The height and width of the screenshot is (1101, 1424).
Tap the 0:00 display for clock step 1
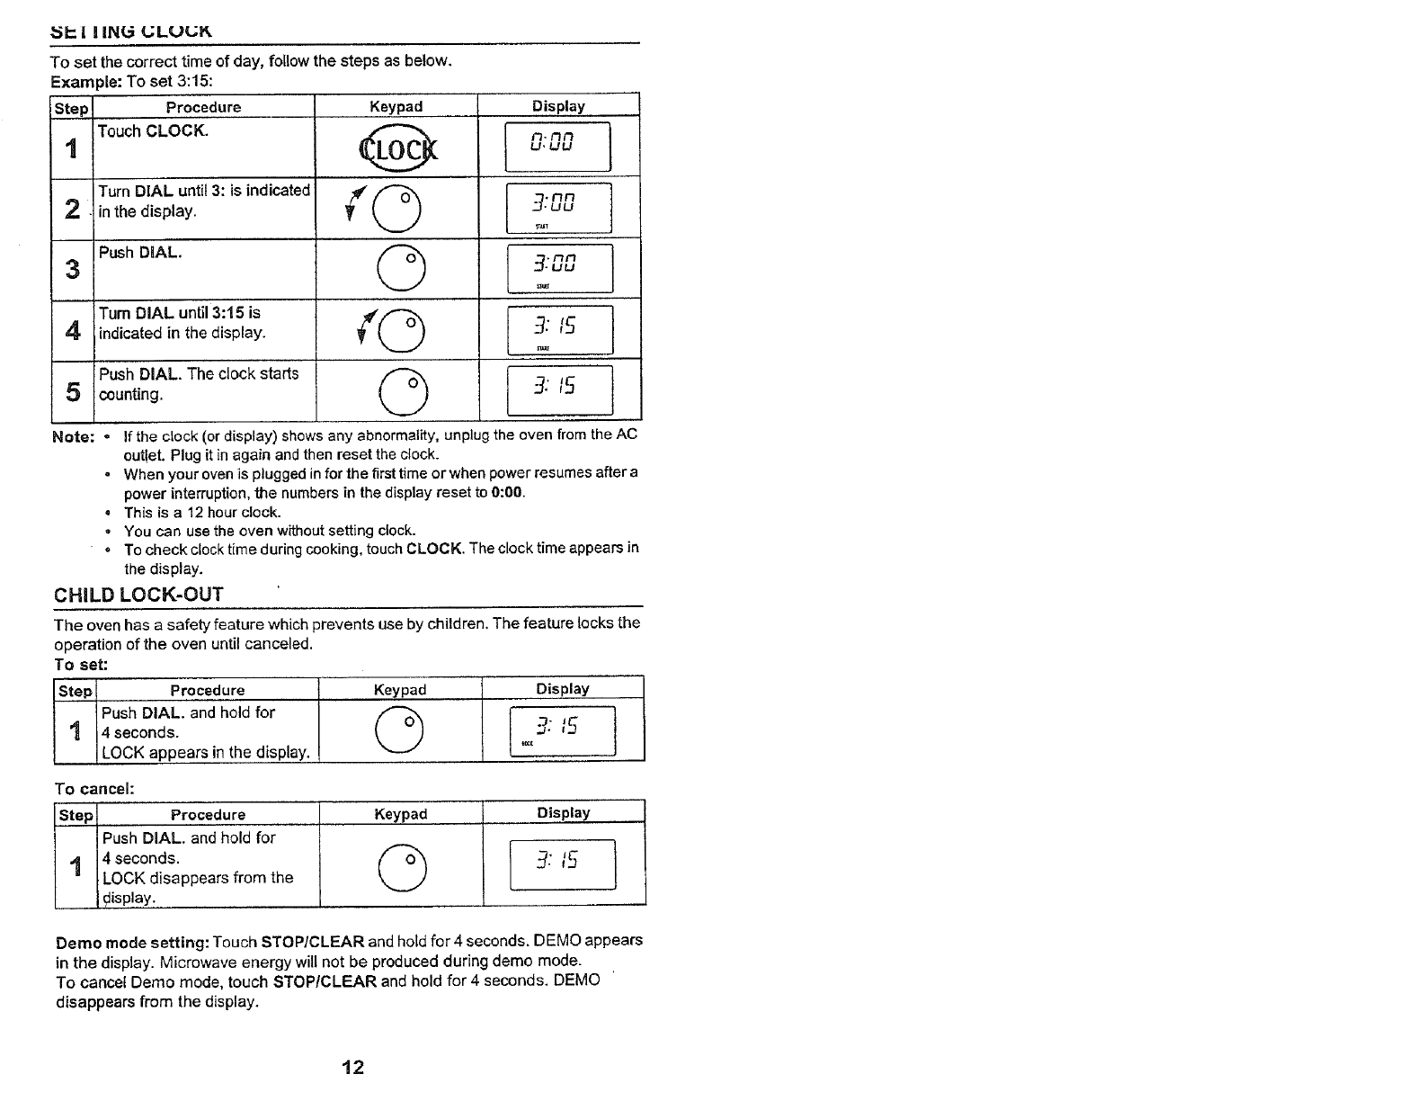tap(557, 146)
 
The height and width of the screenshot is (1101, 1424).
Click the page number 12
tap(353, 1068)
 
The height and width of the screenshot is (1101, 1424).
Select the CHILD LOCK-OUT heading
tap(138, 595)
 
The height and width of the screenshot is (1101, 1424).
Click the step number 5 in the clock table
tap(73, 392)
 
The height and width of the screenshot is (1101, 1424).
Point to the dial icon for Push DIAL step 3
tap(396, 269)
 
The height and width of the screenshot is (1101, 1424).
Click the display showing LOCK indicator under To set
tap(562, 731)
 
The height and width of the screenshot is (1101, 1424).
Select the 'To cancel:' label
tap(94, 789)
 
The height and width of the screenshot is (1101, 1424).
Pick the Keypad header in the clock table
tap(396, 106)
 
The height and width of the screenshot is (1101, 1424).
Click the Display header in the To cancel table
tap(563, 813)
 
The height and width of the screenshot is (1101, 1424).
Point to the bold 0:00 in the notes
tap(507, 493)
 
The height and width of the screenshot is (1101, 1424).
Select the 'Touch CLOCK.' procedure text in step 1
tap(153, 131)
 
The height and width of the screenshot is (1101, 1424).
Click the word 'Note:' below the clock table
tap(73, 436)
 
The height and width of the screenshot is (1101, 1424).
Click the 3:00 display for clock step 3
tap(559, 268)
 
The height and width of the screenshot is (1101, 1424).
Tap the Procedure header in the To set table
tap(208, 690)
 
